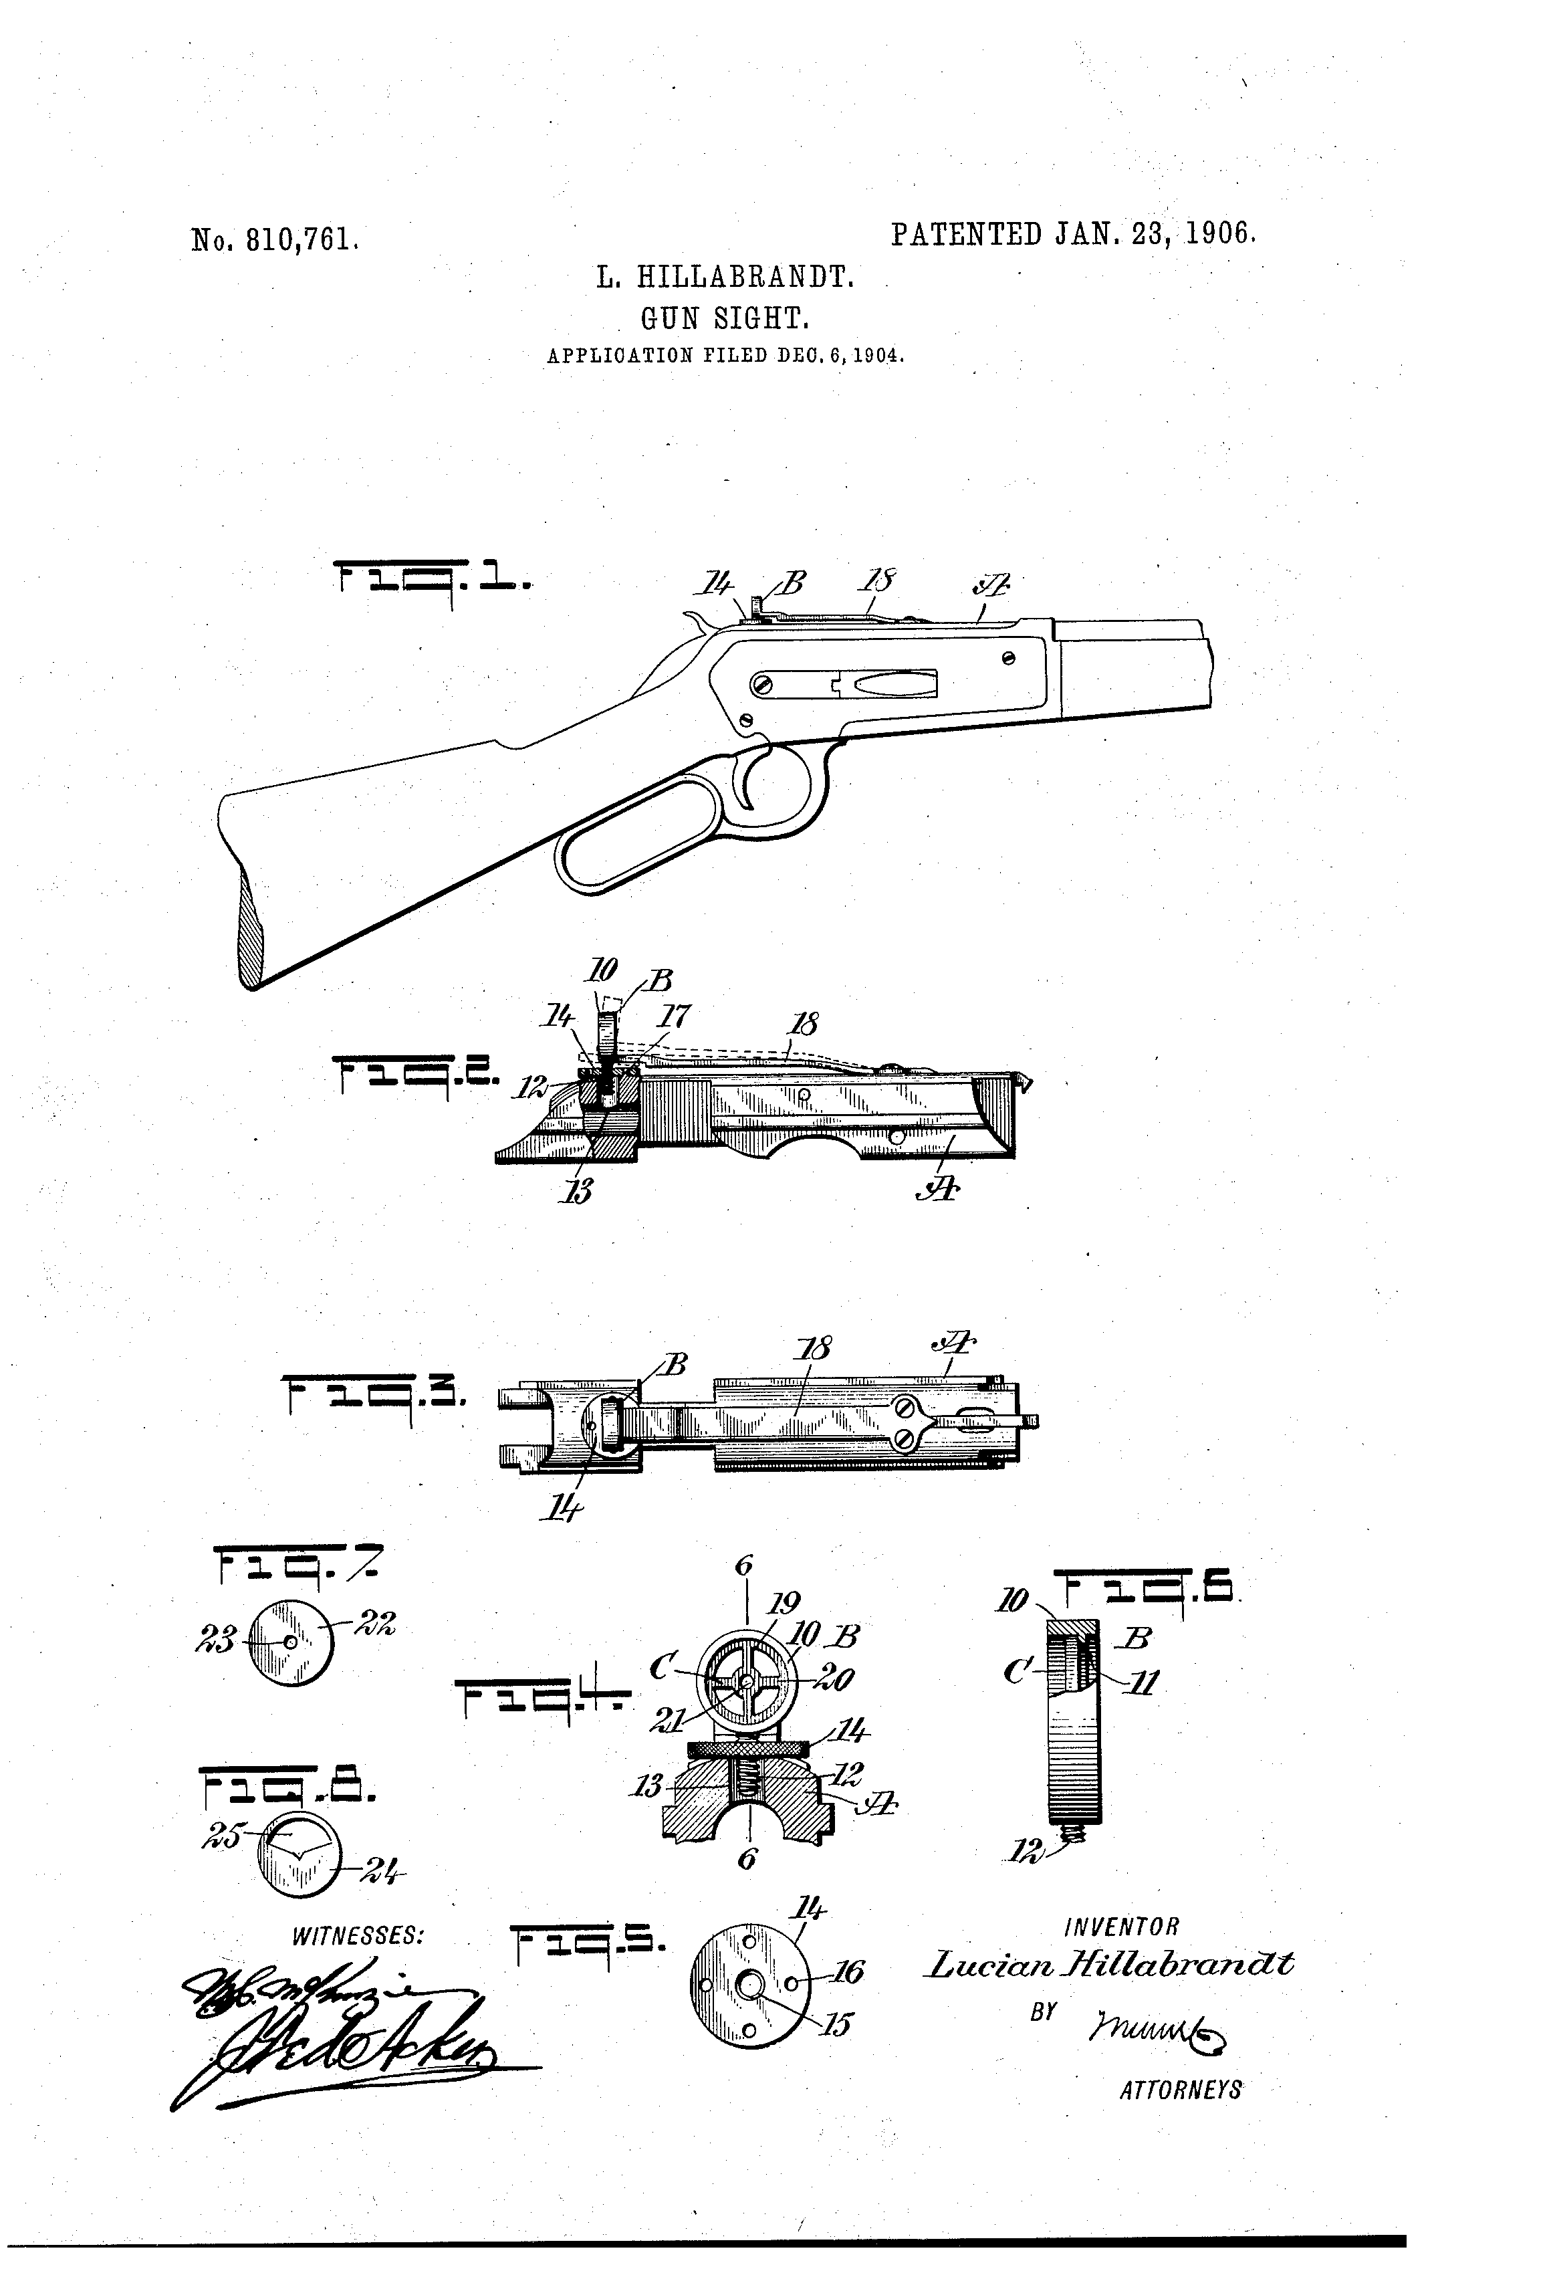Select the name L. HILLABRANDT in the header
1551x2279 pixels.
(725, 278)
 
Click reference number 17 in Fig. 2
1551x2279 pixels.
(677, 1017)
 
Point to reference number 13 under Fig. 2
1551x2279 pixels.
(580, 1190)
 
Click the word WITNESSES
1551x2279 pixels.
(358, 1936)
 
